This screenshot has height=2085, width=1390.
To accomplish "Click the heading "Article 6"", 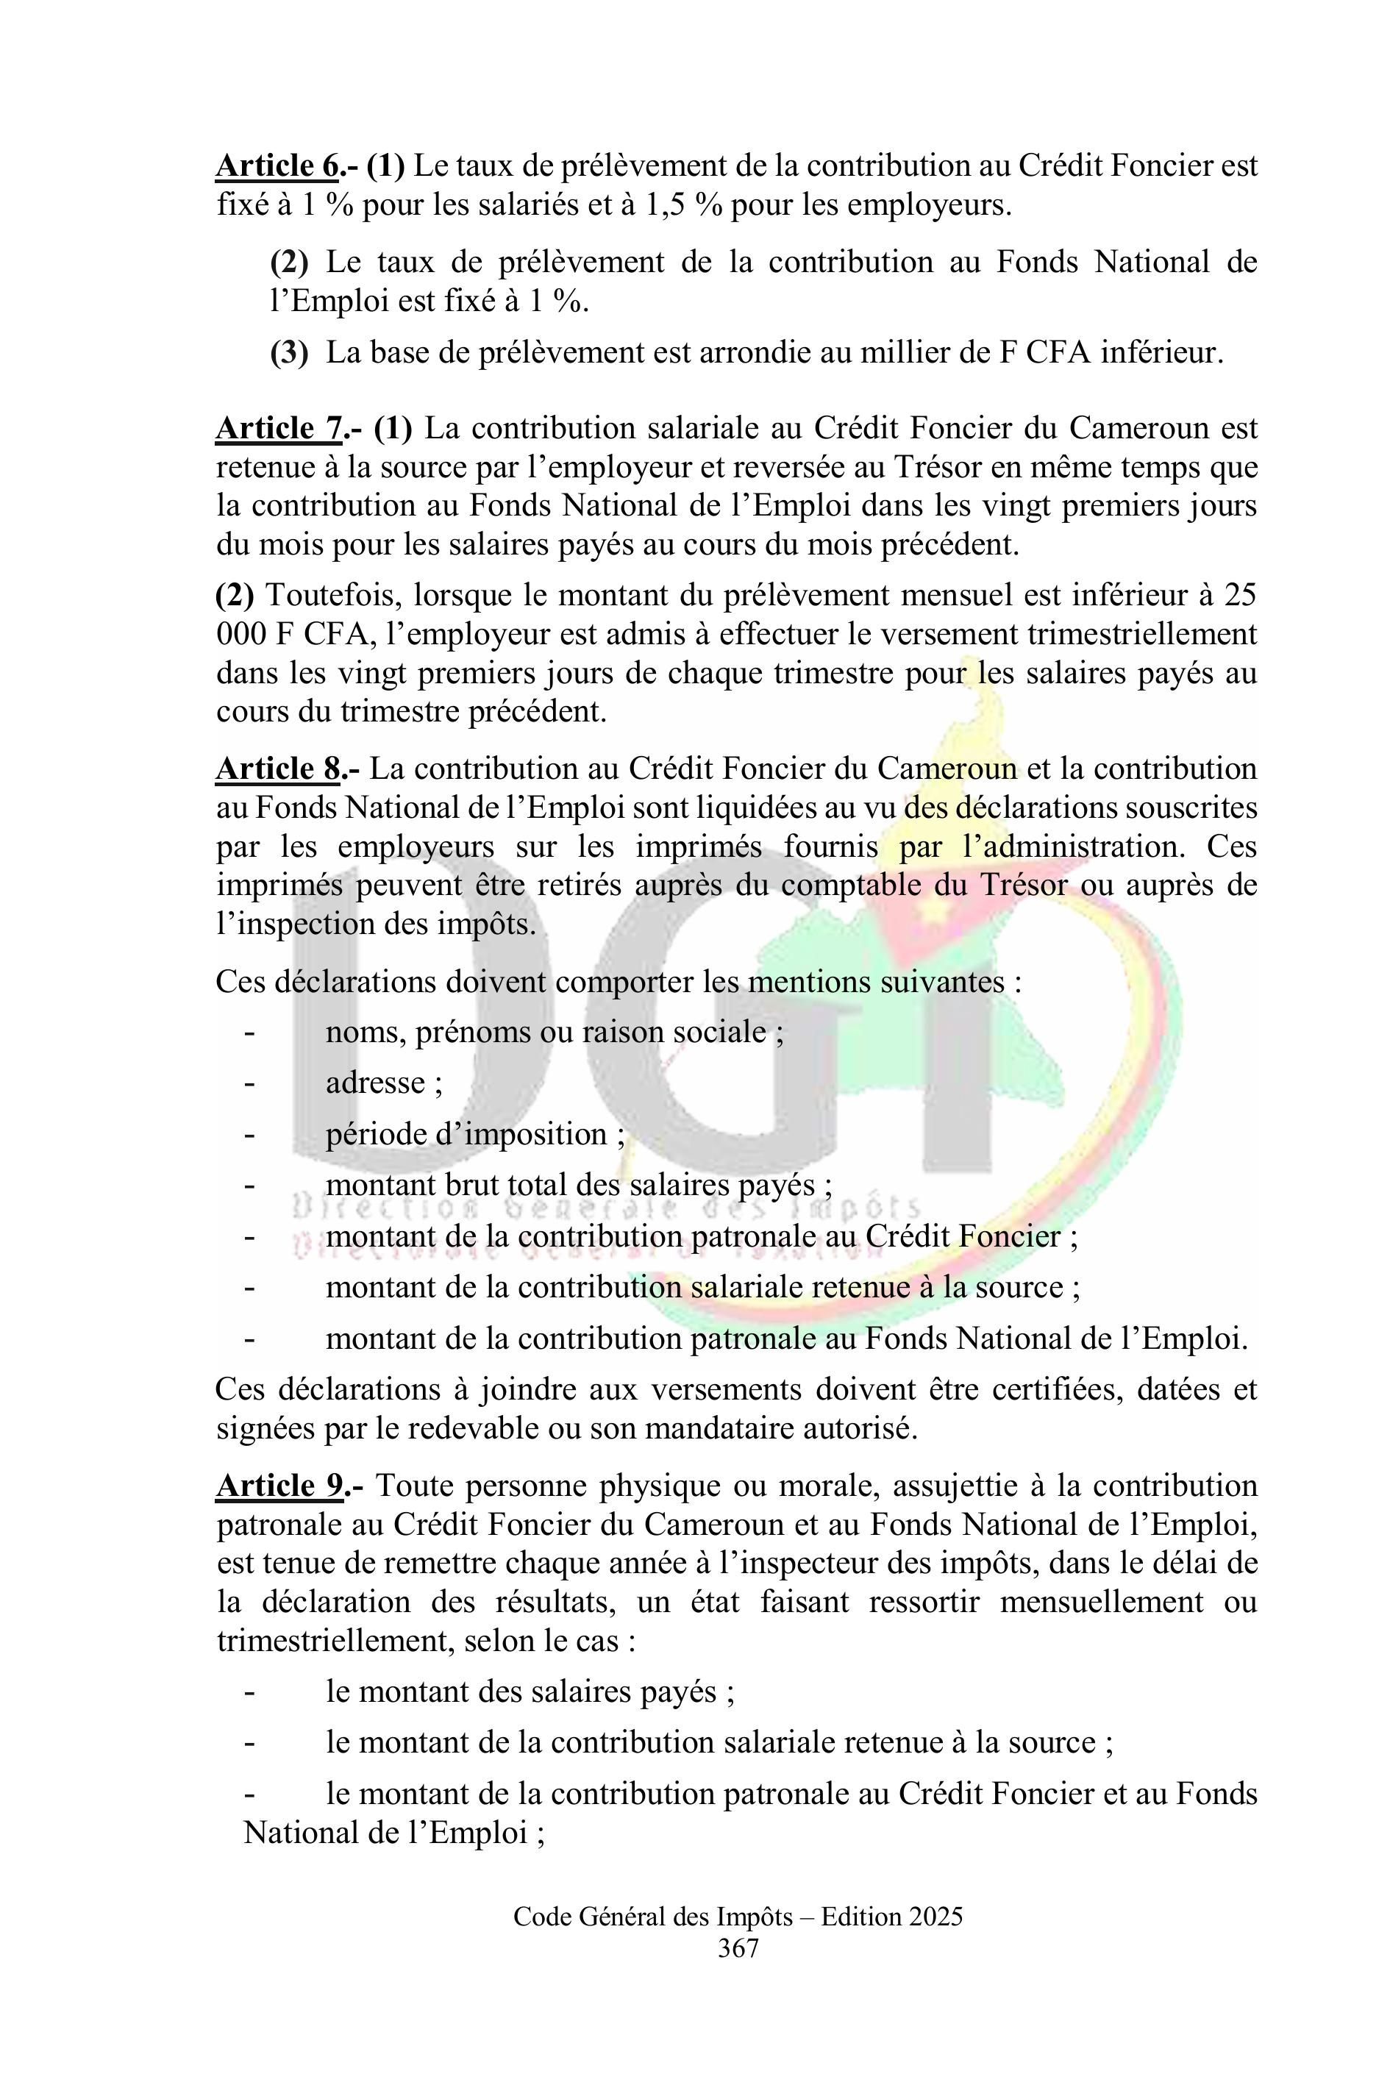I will pos(277,165).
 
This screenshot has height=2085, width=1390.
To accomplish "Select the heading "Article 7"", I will pos(278,428).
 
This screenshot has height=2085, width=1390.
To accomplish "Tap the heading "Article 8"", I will pos(277,769).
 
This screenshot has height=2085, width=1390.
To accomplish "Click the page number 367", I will pos(738,1947).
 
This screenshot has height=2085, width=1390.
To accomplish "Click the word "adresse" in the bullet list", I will pos(376,1083).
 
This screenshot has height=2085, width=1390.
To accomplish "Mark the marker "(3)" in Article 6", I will pos(290,353).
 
